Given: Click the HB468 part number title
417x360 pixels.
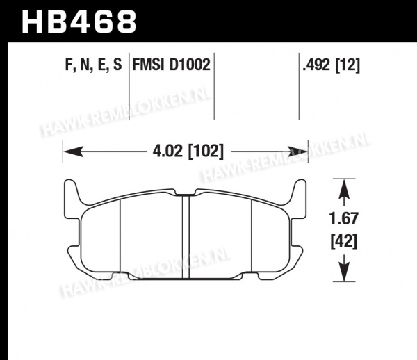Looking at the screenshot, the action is [x=79, y=22].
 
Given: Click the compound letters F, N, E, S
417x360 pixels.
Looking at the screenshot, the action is [x=93, y=65].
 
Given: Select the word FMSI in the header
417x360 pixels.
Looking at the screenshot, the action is [x=148, y=65].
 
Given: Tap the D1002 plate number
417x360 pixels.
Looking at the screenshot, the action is [x=190, y=65].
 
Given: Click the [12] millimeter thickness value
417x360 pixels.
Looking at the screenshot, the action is [x=347, y=65].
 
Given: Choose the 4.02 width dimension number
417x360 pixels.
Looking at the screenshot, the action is [x=167, y=152].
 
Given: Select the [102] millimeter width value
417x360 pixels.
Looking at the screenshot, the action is [x=206, y=152].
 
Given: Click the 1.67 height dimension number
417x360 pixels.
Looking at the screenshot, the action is [x=344, y=218].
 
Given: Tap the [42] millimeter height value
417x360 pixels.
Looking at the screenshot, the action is [x=344, y=242].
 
